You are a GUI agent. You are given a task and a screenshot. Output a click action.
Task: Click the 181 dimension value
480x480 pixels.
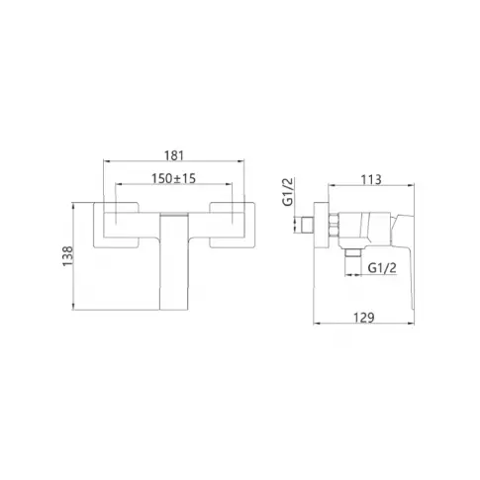[x=174, y=155]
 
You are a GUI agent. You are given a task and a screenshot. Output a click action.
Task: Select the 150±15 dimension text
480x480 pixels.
[x=173, y=178]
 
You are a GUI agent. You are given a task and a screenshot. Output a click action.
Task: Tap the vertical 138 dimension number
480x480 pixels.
[x=67, y=256]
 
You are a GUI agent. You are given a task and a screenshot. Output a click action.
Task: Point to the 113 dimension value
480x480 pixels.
[x=371, y=180]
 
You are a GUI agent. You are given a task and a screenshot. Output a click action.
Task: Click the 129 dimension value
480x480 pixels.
[x=364, y=318]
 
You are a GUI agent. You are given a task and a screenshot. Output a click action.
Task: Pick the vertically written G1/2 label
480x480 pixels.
[x=288, y=191]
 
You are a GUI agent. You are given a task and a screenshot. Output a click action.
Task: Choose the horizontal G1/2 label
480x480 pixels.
[x=382, y=268]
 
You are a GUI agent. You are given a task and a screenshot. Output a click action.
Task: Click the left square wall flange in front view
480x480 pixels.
[x=116, y=225]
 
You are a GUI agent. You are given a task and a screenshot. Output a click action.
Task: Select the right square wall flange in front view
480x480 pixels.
[x=233, y=225]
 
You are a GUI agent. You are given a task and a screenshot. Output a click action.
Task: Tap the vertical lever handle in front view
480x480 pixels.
[x=174, y=261]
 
